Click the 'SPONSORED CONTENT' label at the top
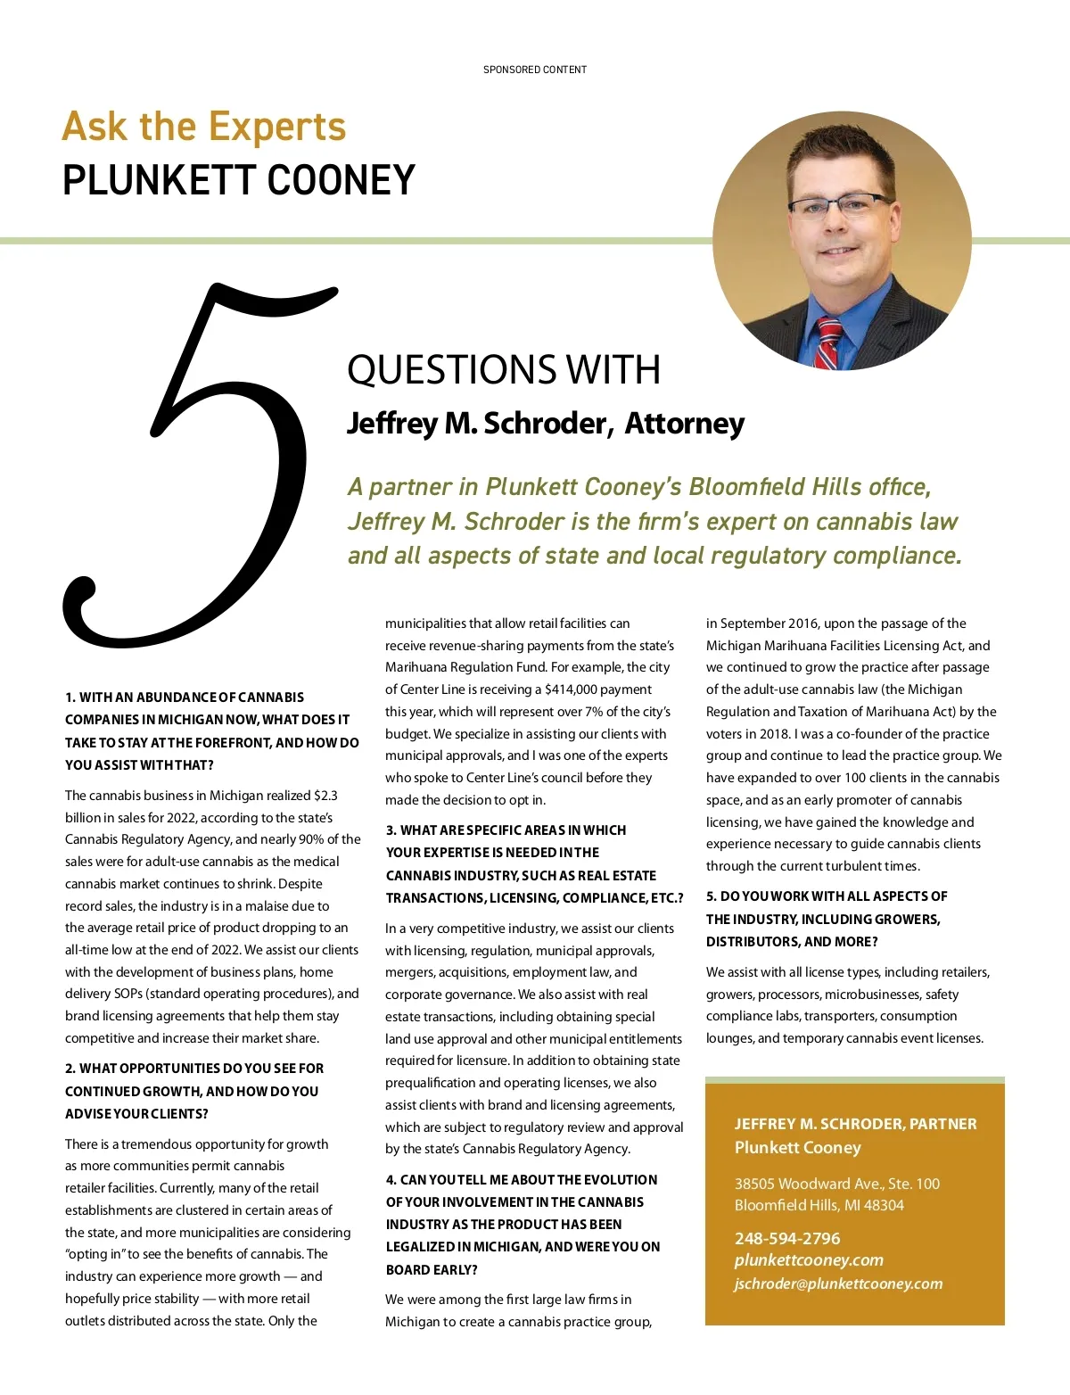point(535,70)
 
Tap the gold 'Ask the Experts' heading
point(204,127)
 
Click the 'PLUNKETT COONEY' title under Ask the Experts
point(239,180)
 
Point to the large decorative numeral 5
point(196,464)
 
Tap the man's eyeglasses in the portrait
point(839,207)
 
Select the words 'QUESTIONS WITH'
point(504,370)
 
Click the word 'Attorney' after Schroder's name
point(684,423)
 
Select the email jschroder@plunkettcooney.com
point(838,1284)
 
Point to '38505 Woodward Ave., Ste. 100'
point(837,1184)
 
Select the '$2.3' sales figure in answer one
point(325,796)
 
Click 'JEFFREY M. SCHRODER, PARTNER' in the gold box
point(855,1124)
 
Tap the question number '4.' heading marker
point(391,1180)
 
